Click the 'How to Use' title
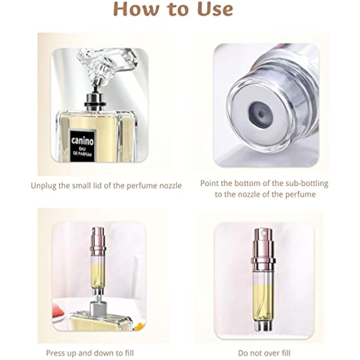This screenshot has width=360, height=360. click(x=173, y=9)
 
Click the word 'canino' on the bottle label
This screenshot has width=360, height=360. click(x=82, y=141)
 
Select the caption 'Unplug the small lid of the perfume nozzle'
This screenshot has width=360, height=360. click(x=106, y=186)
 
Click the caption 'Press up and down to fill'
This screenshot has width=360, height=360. click(x=90, y=353)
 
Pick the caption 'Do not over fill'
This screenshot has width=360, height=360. click(x=264, y=353)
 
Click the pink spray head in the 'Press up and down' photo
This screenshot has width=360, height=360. click(x=98, y=238)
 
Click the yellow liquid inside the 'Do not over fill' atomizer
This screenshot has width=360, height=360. click(x=263, y=301)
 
